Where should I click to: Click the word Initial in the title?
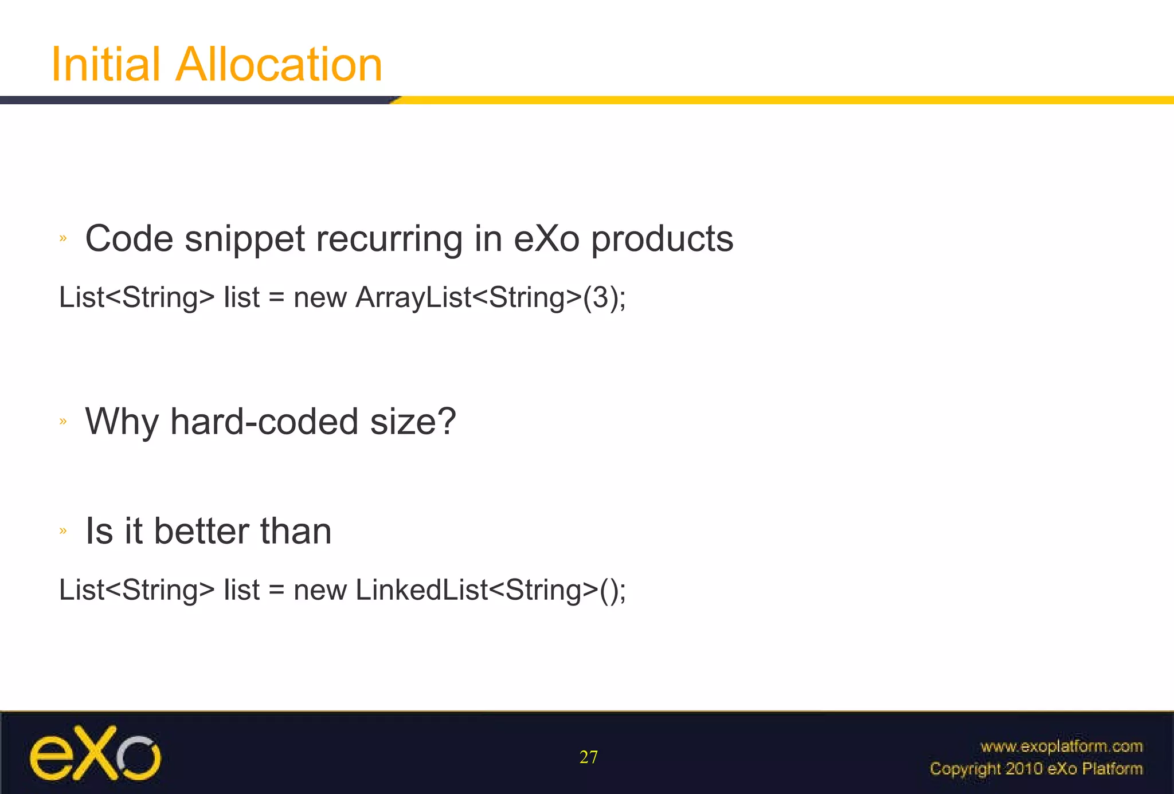coord(105,64)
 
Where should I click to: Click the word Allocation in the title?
coord(279,64)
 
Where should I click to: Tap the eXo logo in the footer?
coord(95,753)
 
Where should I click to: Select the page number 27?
coord(588,757)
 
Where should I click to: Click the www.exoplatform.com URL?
coord(1061,746)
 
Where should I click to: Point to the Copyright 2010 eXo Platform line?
coord(1036,768)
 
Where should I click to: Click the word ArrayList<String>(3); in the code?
coord(491,298)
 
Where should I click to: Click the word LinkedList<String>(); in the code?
coord(491,590)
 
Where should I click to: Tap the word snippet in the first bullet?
coord(245,239)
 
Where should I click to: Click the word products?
coord(662,239)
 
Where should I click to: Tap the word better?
coord(201,531)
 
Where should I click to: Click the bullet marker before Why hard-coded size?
coord(63,422)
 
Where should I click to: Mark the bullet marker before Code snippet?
coord(63,238)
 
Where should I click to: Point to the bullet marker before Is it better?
coord(63,531)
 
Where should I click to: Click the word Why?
coord(122,422)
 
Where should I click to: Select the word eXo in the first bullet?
coord(546,239)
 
